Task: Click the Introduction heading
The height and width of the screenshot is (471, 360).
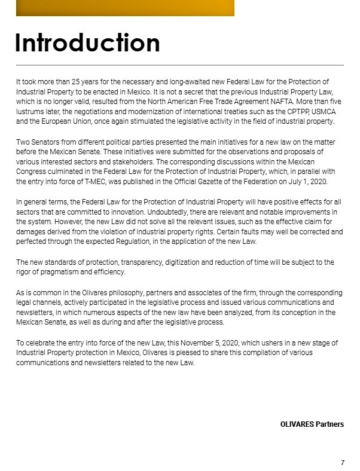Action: coord(87,43)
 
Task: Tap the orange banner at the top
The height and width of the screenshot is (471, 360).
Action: coord(125,8)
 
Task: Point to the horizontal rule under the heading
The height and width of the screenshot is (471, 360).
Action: coord(179,65)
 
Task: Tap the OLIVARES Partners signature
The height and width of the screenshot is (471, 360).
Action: coord(312,424)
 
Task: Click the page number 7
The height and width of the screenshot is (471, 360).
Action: coord(343,463)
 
